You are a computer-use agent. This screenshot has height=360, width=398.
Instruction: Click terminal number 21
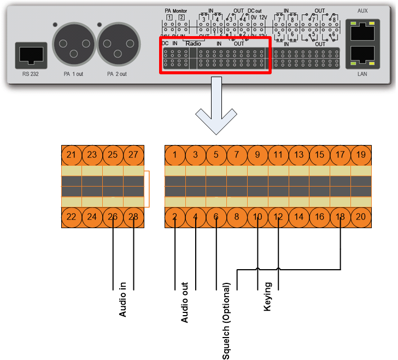coord(71,155)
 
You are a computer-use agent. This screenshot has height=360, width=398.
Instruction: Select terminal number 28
coord(133,217)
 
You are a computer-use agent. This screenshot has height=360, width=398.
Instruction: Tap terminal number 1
coord(174,155)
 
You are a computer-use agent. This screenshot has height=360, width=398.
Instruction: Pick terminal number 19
coord(361,155)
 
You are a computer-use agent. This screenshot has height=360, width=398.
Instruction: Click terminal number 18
coord(340,217)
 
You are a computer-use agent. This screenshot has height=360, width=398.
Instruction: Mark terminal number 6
coord(216,217)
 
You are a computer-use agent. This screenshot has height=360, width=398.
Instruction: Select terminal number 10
coord(257,217)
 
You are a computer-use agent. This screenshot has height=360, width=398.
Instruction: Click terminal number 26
coord(113,217)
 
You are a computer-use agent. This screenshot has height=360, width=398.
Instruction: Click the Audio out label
coord(185,302)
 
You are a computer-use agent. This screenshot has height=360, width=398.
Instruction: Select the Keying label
coord(267,297)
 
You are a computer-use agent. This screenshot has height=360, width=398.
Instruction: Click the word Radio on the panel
coord(194,43)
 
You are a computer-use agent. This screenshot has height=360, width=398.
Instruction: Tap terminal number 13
coord(299,155)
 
